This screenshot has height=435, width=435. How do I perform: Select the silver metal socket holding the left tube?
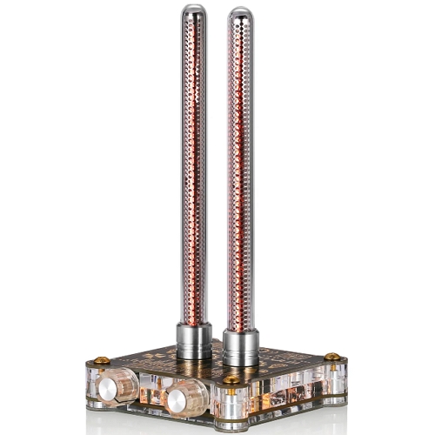click(194, 340)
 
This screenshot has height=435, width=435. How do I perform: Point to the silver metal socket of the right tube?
click(240, 347)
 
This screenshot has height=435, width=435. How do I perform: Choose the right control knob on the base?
click(185, 399)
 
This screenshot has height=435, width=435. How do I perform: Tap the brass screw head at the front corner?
click(230, 380)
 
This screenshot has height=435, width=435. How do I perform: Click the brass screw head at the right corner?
click(331, 357)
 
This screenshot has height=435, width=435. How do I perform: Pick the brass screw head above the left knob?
click(102, 360)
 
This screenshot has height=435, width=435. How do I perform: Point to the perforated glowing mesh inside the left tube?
click(194, 174)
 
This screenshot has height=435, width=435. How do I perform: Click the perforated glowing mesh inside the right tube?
click(240, 174)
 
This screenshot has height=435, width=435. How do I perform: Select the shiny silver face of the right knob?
click(178, 401)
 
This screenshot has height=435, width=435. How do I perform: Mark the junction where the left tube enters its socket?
click(194, 324)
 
